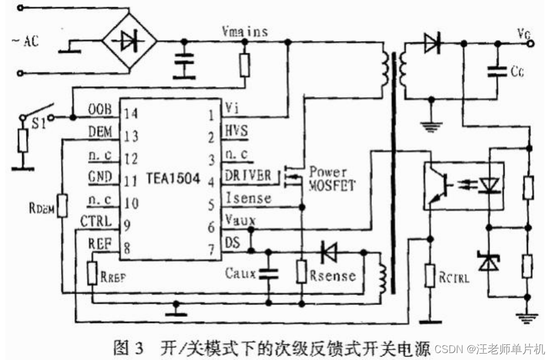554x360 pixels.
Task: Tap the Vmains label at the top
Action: [245, 32]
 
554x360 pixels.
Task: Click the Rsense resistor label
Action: [332, 276]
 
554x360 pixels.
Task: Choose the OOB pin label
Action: [99, 111]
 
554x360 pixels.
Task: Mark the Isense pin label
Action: [248, 198]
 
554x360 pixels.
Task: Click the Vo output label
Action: [524, 33]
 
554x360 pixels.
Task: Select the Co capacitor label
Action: [517, 72]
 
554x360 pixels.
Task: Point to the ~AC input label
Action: [27, 42]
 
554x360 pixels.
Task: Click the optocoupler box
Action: [463, 185]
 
